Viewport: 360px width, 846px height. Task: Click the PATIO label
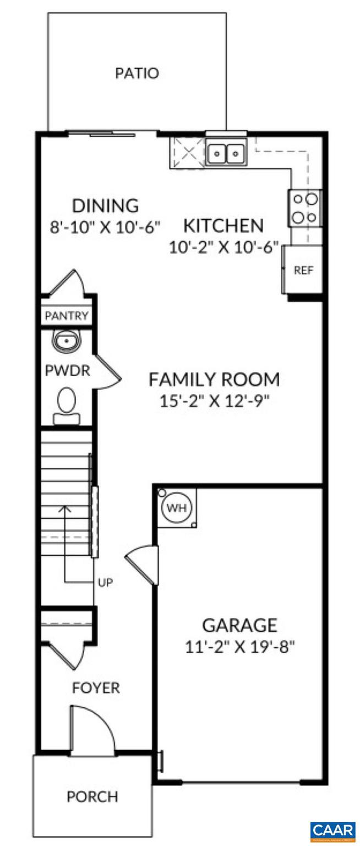tap(137, 73)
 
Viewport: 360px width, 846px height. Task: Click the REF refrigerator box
tap(302, 270)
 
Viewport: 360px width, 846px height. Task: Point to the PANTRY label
tap(67, 316)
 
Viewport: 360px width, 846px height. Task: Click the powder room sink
tap(67, 342)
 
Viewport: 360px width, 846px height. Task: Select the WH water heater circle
tap(176, 507)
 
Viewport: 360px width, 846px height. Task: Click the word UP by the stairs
tap(105, 582)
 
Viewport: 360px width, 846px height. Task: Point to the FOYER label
tap(96, 688)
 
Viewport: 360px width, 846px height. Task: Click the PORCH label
tap(92, 796)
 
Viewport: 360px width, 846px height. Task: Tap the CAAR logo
tap(332, 831)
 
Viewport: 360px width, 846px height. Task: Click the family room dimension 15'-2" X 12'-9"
tap(214, 400)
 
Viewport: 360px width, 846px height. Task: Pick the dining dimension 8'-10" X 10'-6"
tap(105, 226)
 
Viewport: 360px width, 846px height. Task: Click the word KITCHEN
tap(223, 226)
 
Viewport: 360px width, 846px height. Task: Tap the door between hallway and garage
tap(143, 565)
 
